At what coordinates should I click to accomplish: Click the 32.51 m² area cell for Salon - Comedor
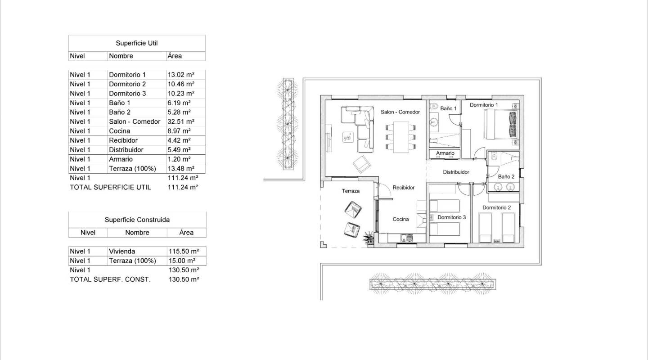point(180,121)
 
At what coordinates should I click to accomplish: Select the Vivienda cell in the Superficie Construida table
point(122,252)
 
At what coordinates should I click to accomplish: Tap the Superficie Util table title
point(137,43)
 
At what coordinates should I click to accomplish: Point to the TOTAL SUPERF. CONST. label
point(110,279)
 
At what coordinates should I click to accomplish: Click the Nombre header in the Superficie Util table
point(121,56)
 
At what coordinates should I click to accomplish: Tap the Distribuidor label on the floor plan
point(456,172)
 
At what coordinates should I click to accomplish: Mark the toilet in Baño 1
point(433,107)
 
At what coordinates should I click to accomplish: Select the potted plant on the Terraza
point(369,238)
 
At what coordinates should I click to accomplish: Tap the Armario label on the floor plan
point(445,153)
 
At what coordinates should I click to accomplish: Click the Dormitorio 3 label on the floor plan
point(451,217)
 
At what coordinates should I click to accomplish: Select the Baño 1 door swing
point(455,118)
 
